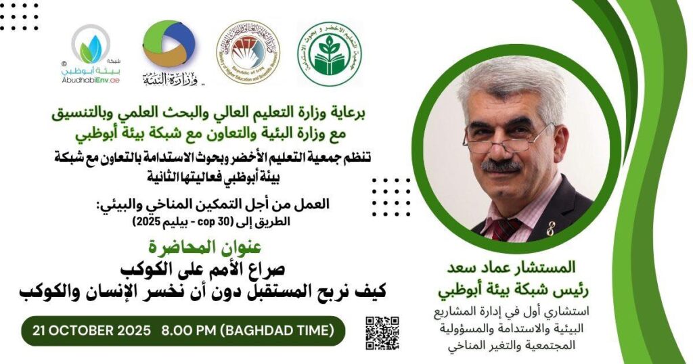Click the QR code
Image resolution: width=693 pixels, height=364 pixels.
pyautogui.click(x=382, y=334)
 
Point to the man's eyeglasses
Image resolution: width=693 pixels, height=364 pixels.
pyautogui.click(x=506, y=134)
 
